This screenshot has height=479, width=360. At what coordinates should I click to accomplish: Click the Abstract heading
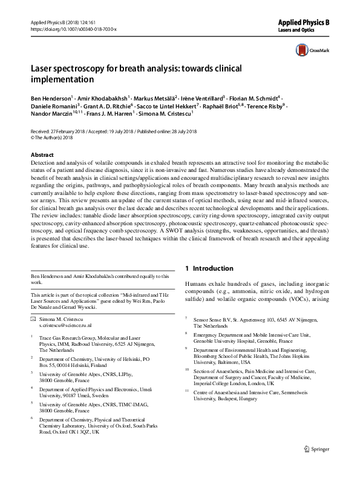tap(42, 154)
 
